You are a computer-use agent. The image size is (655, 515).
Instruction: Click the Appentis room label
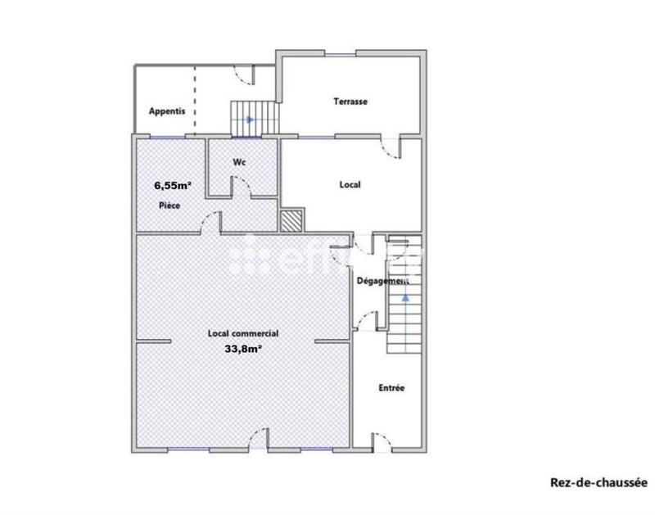coord(167,111)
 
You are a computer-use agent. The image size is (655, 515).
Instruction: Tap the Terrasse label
coord(350,102)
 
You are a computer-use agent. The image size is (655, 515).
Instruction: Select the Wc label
coord(240,162)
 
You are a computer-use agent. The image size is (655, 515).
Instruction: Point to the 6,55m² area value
coord(173,185)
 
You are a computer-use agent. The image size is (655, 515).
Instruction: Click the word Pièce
coord(169,205)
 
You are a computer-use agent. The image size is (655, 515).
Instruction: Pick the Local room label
coord(350,185)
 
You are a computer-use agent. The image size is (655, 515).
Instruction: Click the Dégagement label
coord(382,281)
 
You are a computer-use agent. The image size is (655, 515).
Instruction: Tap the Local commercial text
coord(243,333)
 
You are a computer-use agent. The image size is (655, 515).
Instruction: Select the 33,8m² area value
coord(242,348)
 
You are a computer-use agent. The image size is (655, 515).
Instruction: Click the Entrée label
coord(391,387)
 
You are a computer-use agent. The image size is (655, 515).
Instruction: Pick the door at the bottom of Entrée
coord(382,442)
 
